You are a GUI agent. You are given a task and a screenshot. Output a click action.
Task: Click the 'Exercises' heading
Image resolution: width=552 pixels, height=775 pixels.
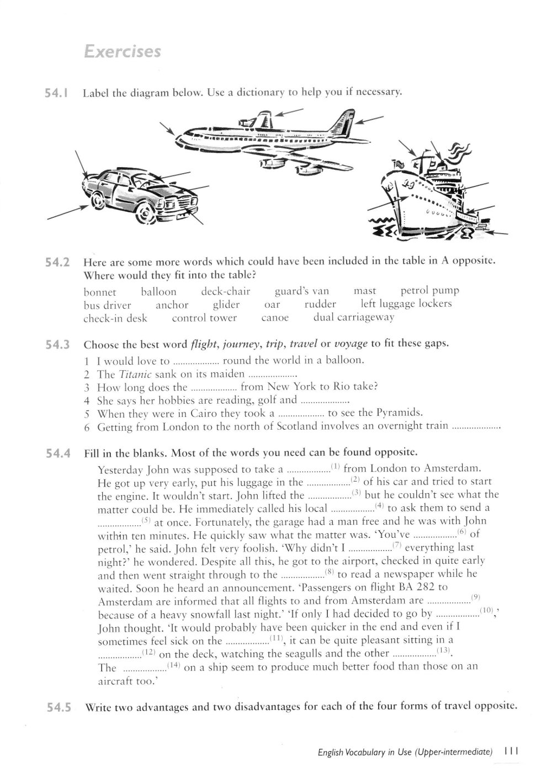pos(121,51)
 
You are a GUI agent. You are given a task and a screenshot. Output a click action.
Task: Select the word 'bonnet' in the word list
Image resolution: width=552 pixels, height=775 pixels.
pos(100,292)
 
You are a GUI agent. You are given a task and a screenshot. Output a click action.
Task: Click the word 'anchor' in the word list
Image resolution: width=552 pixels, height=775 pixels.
pos(172,305)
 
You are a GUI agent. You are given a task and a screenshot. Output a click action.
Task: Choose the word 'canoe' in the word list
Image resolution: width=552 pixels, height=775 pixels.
pos(275,318)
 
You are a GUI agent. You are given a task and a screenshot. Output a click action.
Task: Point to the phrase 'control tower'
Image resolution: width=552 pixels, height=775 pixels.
pos(204,318)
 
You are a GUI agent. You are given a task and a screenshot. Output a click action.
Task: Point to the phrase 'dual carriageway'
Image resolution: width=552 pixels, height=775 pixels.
pos(354,318)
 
